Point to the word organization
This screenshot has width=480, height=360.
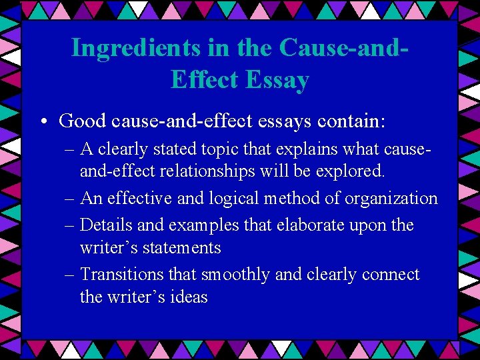pyautogui.click(x=393, y=199)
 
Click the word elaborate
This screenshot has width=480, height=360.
pyautogui.click(x=316, y=225)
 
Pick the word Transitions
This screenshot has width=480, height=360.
pyautogui.click(x=124, y=275)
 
